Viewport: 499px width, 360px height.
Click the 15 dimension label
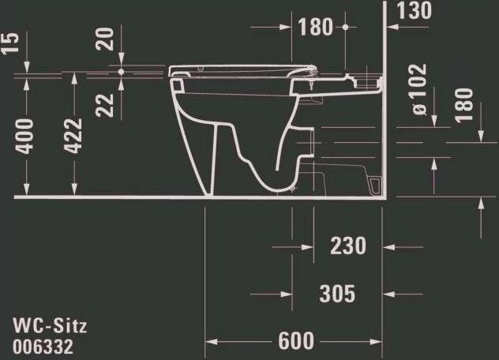(9, 43)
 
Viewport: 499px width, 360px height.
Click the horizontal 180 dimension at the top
(316, 27)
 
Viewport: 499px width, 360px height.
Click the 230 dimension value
(348, 246)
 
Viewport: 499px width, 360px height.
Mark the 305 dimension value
(336, 294)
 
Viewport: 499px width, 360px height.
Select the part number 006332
(46, 345)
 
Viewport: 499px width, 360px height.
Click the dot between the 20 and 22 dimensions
(121, 71)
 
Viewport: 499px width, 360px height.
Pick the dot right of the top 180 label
(345, 27)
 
